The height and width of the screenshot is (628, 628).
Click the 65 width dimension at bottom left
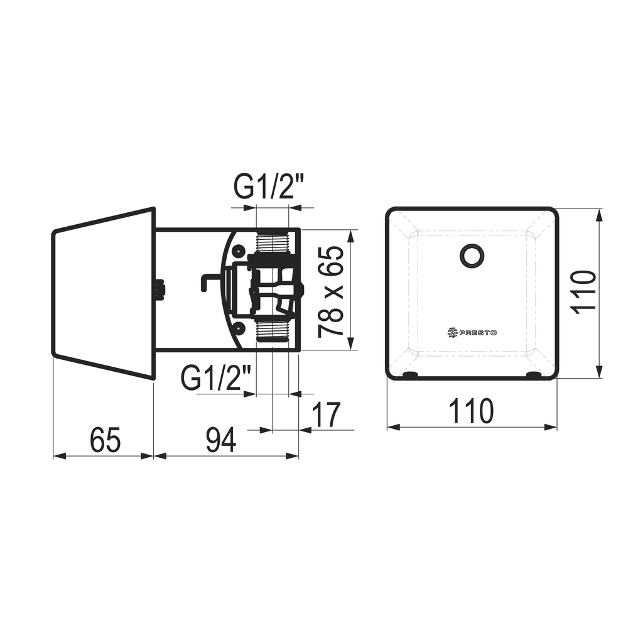106,440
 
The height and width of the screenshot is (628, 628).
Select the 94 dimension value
220,440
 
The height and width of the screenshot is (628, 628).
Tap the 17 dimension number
326,414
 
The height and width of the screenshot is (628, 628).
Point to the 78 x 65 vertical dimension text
331,291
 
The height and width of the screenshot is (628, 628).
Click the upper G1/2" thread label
269,188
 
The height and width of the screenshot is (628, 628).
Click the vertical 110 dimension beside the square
583,292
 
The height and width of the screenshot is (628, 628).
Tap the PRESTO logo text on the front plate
478,332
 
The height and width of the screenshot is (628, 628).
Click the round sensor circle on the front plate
473,256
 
